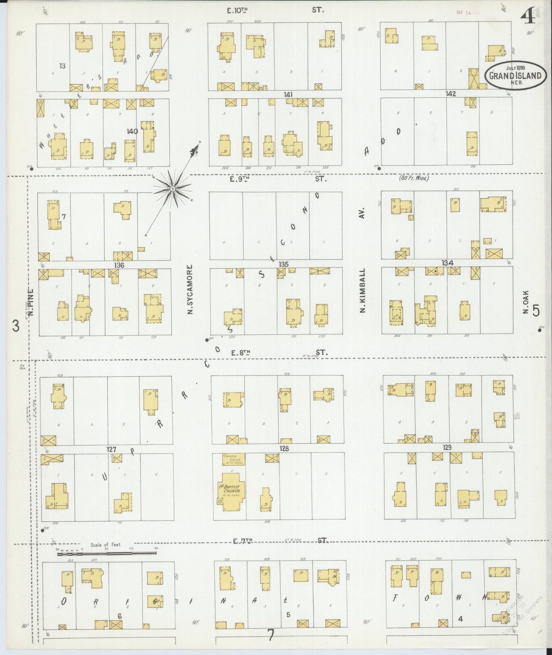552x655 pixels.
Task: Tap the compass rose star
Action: pyautogui.click(x=173, y=189)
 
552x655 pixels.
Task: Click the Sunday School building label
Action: pyautogui.click(x=234, y=459)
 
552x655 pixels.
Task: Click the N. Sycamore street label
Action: pyautogui.click(x=189, y=290)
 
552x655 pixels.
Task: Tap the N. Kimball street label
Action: pyautogui.click(x=362, y=290)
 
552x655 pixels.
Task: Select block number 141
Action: pyautogui.click(x=288, y=94)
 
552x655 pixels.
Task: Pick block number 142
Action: pyautogui.click(x=451, y=94)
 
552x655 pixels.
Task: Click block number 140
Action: pyautogui.click(x=132, y=131)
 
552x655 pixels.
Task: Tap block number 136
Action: pyautogui.click(x=119, y=265)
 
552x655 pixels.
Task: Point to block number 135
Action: pyautogui.click(x=283, y=264)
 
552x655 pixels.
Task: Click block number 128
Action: pyautogui.click(x=284, y=449)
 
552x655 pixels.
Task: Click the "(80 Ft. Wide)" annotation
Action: pyautogui.click(x=414, y=178)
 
